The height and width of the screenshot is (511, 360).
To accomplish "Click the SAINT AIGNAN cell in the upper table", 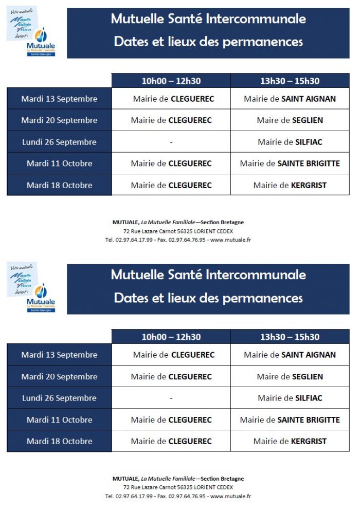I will [x=290, y=99].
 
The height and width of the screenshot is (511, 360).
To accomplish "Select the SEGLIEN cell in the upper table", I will [x=290, y=120].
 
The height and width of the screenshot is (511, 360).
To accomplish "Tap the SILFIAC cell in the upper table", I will [x=290, y=142].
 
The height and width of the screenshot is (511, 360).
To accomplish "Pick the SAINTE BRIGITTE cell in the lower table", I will [x=290, y=419].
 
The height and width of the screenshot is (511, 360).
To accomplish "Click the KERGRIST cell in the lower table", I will [x=290, y=441].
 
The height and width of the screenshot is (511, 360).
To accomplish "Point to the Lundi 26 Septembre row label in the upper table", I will [x=59, y=142].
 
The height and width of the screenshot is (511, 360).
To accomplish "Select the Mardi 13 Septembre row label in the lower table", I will [x=59, y=355].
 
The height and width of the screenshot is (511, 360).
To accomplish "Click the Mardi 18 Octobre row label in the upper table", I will [x=59, y=185].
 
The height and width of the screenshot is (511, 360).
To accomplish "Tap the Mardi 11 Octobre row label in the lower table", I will [x=59, y=419].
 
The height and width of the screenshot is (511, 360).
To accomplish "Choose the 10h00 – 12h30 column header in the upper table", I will [x=171, y=81].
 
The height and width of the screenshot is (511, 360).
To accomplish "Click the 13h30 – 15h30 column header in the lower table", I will [x=290, y=337].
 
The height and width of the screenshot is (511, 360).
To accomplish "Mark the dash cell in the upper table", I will [x=171, y=142].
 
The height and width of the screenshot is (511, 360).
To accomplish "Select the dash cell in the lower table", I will [x=171, y=398].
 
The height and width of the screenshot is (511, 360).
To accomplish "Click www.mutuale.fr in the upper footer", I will [x=230, y=240].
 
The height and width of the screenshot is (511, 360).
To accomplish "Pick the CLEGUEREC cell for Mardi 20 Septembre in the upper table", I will [x=171, y=120].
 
